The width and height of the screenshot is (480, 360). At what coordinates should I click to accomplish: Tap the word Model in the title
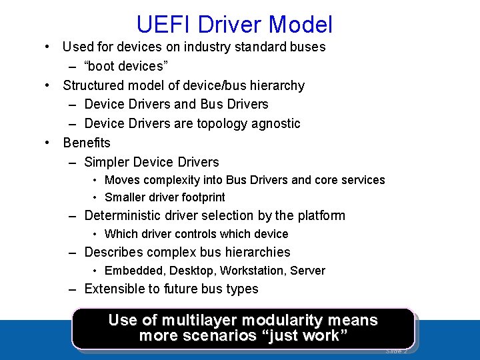[301, 25]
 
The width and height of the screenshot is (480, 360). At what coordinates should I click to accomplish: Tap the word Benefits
[87, 143]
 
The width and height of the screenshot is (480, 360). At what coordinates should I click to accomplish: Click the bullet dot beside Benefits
[48, 143]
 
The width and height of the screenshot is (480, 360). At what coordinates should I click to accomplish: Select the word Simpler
[107, 162]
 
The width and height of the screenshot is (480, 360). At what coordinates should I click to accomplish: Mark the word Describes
[113, 252]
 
